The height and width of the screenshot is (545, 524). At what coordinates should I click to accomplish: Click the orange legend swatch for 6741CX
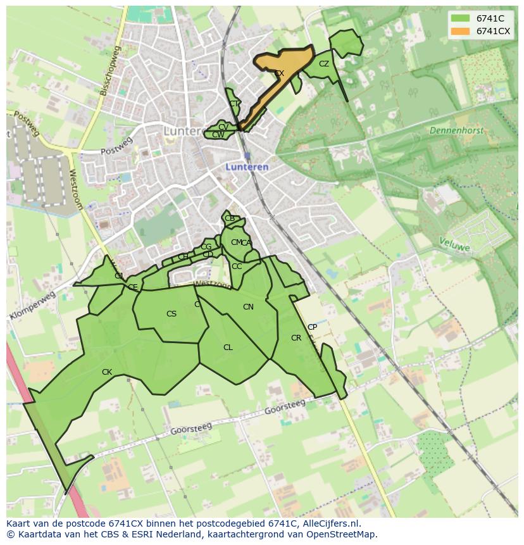click(461, 31)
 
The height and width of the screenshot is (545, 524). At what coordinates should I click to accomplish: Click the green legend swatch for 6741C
click(461, 18)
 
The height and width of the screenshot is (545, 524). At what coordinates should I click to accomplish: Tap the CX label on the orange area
click(279, 73)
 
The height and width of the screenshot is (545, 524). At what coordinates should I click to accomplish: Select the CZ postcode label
click(324, 64)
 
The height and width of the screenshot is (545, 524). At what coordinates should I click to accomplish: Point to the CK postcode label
click(107, 372)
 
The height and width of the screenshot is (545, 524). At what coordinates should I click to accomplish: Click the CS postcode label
click(172, 314)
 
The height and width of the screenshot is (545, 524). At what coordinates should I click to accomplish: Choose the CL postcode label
click(228, 348)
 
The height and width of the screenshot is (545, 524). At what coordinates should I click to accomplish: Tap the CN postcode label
click(248, 307)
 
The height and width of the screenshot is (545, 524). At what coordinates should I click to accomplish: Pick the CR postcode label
click(296, 338)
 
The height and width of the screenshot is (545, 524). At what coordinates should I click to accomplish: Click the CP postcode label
click(312, 327)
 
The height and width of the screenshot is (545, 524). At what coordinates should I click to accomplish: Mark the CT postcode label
click(234, 104)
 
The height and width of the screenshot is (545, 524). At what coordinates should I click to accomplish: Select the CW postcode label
click(218, 135)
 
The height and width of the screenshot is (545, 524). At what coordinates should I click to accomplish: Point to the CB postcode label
click(230, 218)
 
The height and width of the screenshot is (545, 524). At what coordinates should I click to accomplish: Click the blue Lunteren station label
click(247, 167)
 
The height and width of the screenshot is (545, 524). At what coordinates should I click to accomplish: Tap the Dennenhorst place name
click(456, 130)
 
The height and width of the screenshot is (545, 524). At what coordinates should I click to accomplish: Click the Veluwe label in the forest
click(455, 244)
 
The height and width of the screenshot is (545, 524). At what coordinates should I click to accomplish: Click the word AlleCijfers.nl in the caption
click(329, 523)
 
